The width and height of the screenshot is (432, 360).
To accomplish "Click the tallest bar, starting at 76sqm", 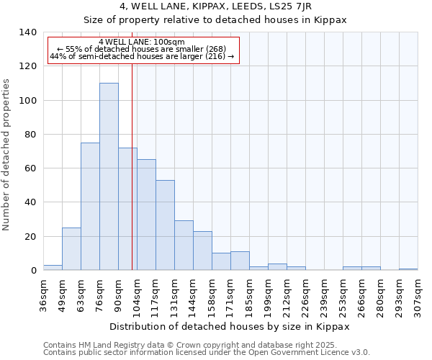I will click(109, 176).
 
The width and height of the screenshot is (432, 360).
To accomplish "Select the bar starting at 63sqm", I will click(90, 206).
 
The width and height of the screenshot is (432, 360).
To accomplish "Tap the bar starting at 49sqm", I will click(71, 248).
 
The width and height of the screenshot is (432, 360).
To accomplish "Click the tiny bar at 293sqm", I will click(408, 269).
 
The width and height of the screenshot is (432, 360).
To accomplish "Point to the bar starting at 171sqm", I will click(240, 261).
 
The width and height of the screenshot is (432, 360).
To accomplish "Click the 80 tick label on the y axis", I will click(31, 135).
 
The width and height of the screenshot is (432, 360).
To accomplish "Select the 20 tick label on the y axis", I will click(31, 237).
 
